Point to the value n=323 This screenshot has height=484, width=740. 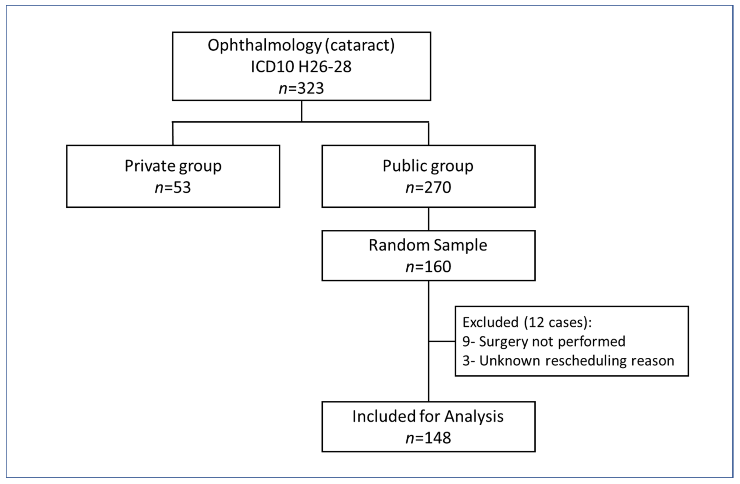pos(301,88)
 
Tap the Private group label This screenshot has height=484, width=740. pos(173,166)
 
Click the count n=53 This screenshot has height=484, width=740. pos(173,187)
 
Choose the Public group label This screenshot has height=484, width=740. pos(428,166)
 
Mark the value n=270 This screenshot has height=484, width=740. pos(428,187)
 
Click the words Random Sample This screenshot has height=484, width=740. pos(428,245)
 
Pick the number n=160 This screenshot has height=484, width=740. pos(428,267)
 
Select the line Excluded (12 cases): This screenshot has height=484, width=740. pos(527,322)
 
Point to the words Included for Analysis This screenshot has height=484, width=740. pos(428,417)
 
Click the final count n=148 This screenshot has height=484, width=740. pos(428,438)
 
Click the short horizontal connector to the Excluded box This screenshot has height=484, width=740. pos(442,341)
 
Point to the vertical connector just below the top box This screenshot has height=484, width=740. pos(301,111)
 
